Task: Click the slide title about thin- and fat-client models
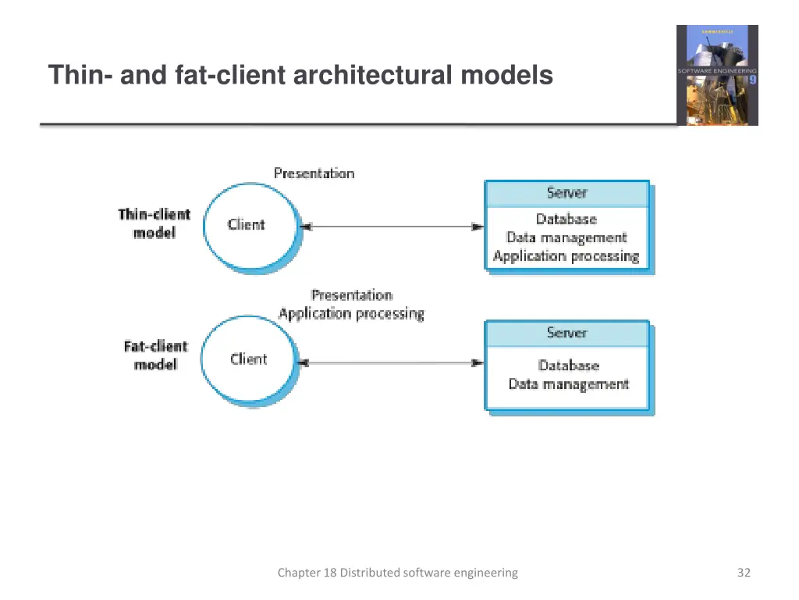pos(300,76)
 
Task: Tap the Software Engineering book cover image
pos(716,75)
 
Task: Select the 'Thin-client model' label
pos(154,223)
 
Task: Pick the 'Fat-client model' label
pos(155,355)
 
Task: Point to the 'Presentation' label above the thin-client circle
pos(314,173)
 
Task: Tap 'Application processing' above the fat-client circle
pos(351,314)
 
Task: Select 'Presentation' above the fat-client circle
pos(351,295)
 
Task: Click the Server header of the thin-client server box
pos(566,194)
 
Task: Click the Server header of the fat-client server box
pos(566,334)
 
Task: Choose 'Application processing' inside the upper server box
pos(566,256)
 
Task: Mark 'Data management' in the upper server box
pos(566,237)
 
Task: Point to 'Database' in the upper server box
pos(566,220)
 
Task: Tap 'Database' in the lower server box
pos(568,366)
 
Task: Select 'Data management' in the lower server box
pos(568,384)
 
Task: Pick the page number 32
pos(744,573)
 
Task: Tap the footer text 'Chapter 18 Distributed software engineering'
pos(397,573)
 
